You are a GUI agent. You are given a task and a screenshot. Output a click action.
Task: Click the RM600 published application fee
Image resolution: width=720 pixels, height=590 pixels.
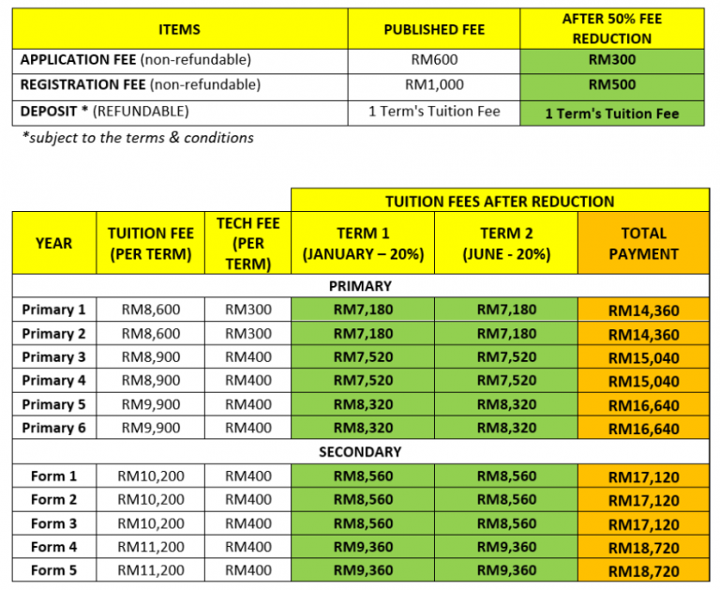point(434,60)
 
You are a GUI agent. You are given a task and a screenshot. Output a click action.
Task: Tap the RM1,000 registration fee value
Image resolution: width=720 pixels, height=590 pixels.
point(434,84)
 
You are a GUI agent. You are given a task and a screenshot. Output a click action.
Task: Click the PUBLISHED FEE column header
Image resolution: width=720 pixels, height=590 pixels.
point(434,30)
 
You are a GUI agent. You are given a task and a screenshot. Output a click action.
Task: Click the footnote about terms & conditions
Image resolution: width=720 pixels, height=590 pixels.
point(138,138)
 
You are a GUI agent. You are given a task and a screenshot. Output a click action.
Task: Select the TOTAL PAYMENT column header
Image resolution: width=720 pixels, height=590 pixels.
point(643,243)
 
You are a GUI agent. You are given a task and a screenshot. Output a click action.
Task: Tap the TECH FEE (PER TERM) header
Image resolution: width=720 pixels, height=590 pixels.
point(247,243)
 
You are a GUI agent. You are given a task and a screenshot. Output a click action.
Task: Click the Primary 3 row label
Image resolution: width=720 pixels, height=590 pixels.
point(53,356)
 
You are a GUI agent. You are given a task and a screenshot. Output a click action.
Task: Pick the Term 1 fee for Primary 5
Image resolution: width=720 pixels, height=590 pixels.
point(363,404)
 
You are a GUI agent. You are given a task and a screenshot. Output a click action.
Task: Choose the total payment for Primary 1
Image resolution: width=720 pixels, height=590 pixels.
point(643,310)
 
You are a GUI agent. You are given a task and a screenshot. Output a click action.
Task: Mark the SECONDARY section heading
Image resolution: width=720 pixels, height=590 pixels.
point(360,451)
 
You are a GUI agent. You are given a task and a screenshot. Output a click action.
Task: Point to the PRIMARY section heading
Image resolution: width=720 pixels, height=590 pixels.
point(360,286)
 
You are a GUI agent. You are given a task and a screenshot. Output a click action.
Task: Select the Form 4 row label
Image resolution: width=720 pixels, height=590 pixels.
point(53,547)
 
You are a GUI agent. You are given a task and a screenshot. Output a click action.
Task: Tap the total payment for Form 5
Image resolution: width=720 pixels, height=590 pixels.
point(643,570)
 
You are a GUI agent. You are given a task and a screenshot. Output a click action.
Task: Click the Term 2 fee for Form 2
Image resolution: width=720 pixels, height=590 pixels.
point(506,500)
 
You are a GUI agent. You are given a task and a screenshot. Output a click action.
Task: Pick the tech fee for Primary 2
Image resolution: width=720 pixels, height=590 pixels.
point(247,333)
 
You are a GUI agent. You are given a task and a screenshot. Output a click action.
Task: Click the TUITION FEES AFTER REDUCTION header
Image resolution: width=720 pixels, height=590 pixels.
point(500,201)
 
